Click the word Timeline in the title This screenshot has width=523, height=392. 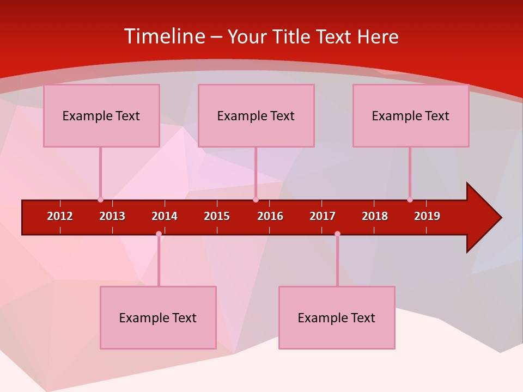click(x=165, y=36)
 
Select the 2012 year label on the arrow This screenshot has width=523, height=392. click(x=60, y=216)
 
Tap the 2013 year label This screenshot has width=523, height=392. click(x=112, y=216)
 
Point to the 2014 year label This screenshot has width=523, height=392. click(x=165, y=216)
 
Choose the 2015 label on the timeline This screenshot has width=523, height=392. click(x=217, y=216)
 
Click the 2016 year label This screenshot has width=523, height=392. click(x=270, y=216)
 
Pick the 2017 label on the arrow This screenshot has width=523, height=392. click(x=323, y=216)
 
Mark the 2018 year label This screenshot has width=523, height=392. click(x=375, y=216)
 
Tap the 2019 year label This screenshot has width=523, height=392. click(x=427, y=216)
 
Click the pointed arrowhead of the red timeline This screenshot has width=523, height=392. click(x=485, y=217)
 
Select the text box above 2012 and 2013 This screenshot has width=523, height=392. click(x=101, y=115)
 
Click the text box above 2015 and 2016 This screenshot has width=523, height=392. click(x=256, y=115)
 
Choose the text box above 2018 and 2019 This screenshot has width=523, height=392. click(x=411, y=115)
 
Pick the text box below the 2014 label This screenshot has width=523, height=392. click(x=158, y=317)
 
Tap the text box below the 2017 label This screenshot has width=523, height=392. click(x=337, y=317)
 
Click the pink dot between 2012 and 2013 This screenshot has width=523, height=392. click(x=100, y=200)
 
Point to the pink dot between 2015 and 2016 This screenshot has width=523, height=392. click(x=256, y=200)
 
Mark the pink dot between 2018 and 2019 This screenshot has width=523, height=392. click(x=410, y=200)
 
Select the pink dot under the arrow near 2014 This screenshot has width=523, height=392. click(x=159, y=234)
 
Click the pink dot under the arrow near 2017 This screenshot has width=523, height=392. click(x=337, y=234)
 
